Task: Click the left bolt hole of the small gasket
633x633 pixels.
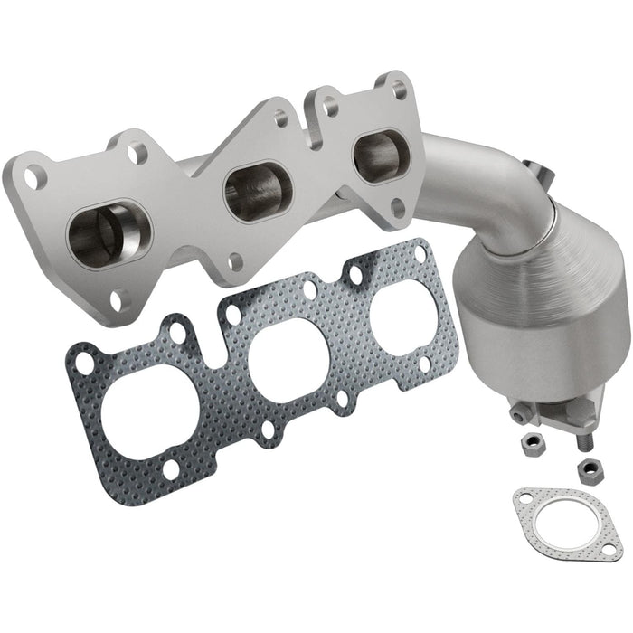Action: (523, 496)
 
